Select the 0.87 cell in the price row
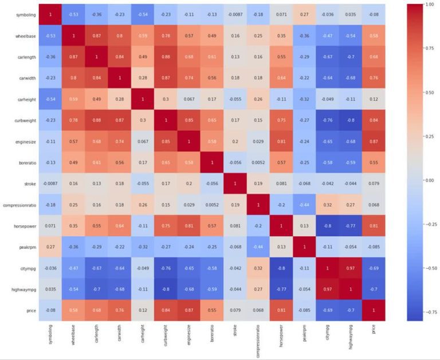point(188,311)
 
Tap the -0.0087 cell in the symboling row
point(234,14)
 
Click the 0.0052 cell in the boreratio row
point(258,162)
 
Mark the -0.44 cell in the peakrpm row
point(258,247)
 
